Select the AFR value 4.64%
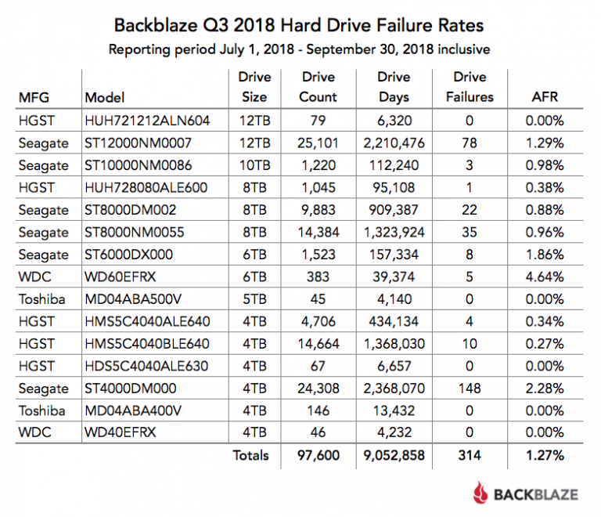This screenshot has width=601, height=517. point(545,277)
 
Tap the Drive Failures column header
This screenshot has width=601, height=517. point(470,87)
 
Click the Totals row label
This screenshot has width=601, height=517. point(250,455)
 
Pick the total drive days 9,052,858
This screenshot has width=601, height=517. point(394,455)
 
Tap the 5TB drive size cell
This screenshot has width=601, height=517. point(254,298)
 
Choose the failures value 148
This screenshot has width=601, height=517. point(470,388)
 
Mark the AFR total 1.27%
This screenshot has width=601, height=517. point(545,455)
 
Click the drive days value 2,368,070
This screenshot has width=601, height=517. point(394,388)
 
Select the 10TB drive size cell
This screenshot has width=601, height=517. point(254,165)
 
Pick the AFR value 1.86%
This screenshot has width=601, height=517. point(545,255)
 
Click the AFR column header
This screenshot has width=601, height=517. point(545,97)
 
